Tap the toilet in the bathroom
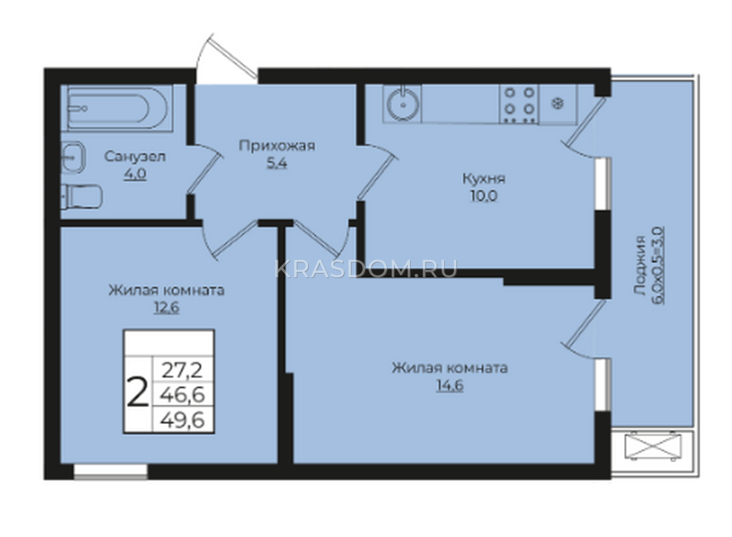click(x=82, y=196)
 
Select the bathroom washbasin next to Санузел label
click(x=73, y=158)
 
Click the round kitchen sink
click(x=404, y=104)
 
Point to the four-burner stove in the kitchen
click(x=519, y=104)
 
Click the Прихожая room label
click(x=277, y=145)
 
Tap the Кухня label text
click(x=484, y=178)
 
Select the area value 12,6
click(x=167, y=308)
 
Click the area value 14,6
click(x=450, y=386)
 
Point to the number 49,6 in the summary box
click(x=183, y=420)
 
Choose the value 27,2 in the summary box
click(x=183, y=371)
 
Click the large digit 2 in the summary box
click(x=138, y=396)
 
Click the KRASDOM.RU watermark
click(x=366, y=268)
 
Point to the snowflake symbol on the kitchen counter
click(x=558, y=104)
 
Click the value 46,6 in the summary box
click(x=183, y=395)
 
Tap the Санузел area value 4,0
click(x=135, y=174)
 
